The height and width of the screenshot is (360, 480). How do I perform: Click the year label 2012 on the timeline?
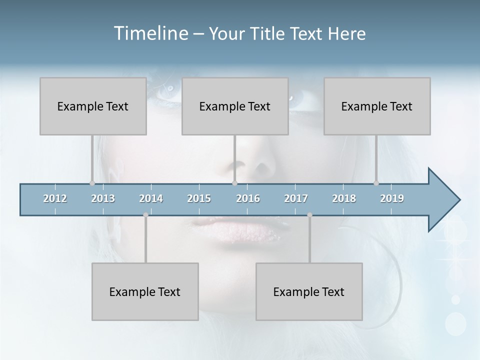pos(55,199)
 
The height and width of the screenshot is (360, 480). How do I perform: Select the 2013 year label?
pos(103,199)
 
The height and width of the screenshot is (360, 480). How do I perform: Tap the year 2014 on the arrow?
pos(151,199)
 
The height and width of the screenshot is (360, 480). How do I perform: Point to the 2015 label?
pos(199,199)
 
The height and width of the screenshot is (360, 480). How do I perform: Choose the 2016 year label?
pos(248,199)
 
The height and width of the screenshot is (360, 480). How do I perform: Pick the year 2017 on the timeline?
pos(296,199)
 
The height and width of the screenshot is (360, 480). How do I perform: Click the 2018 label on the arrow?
pos(344,199)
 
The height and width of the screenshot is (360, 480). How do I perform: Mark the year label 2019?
pos(392,199)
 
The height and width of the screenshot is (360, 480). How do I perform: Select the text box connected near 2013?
pos(93,106)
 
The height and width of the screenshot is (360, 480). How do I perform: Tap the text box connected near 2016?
pos(235,106)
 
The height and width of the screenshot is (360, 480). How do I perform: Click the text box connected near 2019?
pos(377,106)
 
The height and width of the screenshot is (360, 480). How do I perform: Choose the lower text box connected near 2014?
pos(145,291)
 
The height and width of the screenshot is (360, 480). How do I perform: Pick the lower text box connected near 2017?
pos(309,291)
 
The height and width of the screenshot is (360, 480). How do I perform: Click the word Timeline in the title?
pos(150,33)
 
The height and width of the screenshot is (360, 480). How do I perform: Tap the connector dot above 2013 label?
pos(92,183)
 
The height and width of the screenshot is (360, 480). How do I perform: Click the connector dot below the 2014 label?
pos(145,215)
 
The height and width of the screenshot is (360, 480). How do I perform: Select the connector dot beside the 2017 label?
pos(309,215)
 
